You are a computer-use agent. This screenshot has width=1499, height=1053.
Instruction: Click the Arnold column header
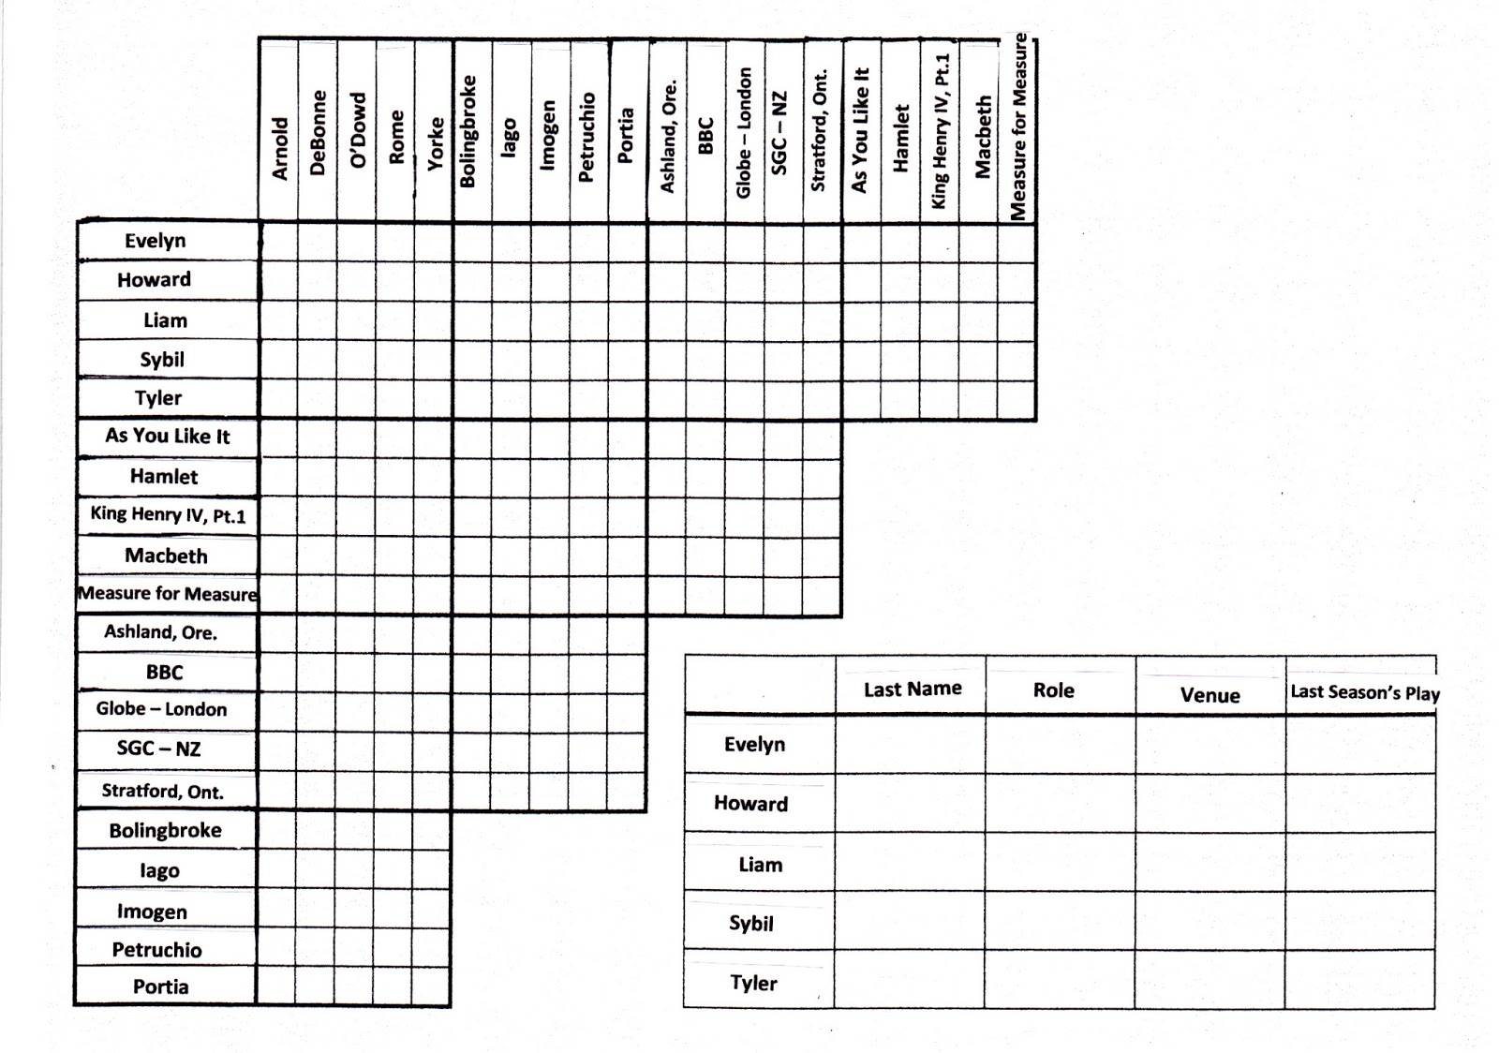[x=279, y=148]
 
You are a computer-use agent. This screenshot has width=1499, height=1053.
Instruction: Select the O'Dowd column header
[x=357, y=131]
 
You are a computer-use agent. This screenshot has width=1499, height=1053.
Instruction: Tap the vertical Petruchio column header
[x=587, y=137]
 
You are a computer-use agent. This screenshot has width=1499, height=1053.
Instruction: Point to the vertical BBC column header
[x=705, y=136]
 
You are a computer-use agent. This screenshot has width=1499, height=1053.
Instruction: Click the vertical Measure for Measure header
[x=1018, y=126]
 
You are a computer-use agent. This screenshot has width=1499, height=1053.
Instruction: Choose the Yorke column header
[x=436, y=143]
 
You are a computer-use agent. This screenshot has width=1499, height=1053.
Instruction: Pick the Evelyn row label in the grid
[x=156, y=241]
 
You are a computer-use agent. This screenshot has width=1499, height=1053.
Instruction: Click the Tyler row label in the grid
[x=158, y=398]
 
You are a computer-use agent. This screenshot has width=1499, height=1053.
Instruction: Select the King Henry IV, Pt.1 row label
[x=168, y=514]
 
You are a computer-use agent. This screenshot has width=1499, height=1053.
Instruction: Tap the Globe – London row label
[x=161, y=709]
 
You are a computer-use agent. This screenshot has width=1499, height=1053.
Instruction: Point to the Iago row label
[x=159, y=870]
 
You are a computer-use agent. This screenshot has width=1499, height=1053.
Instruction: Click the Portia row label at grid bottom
[x=160, y=986]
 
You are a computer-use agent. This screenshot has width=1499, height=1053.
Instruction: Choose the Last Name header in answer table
[x=912, y=690]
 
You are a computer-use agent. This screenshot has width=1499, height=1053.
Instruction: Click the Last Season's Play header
[x=1364, y=692]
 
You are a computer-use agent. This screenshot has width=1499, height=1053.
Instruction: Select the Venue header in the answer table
[x=1210, y=695]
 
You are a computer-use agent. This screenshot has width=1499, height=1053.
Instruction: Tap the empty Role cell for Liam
[x=1060, y=862]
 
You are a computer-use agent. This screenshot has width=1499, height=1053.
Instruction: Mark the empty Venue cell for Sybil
[x=1210, y=920]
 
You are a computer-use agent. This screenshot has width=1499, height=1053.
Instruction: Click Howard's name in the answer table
[x=750, y=804]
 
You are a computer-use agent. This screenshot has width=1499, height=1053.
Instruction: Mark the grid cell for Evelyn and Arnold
[x=279, y=242]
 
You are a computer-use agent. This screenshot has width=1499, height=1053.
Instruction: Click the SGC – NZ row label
[x=158, y=749]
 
